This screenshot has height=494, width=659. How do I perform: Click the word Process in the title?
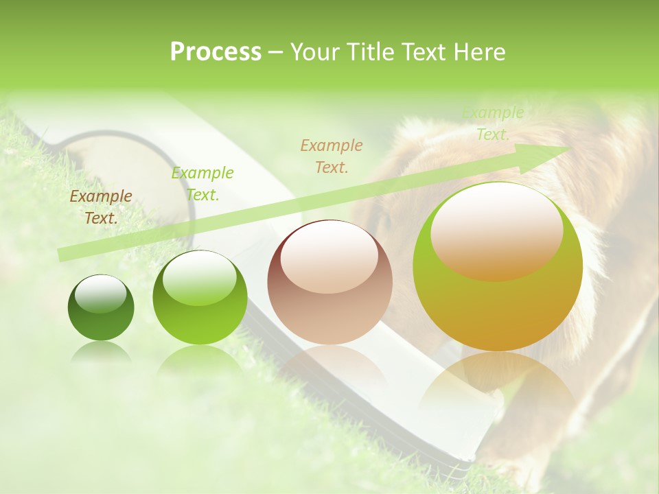click(216, 52)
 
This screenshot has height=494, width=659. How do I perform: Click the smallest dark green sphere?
click(101, 308)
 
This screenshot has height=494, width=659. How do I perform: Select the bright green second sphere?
click(200, 298)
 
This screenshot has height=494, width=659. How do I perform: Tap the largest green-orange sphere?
click(498, 267)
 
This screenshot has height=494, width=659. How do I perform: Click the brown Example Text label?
click(101, 207)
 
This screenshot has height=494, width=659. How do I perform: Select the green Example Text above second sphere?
click(202, 183)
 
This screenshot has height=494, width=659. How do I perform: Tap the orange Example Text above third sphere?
click(331, 156)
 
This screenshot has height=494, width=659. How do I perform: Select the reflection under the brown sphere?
click(329, 364)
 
